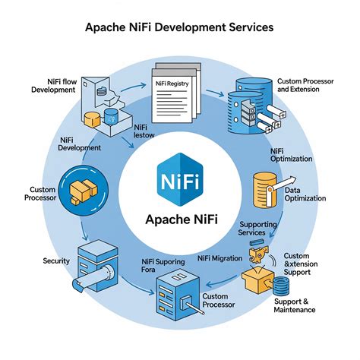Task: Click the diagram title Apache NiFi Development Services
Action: coord(179,27)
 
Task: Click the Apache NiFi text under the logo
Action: coord(181,221)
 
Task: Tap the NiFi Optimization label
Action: coord(291,156)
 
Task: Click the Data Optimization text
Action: coord(305,194)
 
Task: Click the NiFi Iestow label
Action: coord(144,132)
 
